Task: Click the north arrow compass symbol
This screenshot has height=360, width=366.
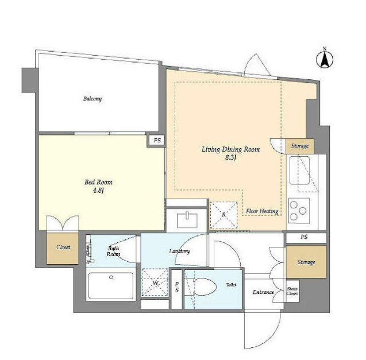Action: [x=325, y=59]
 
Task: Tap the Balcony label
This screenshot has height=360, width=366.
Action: [x=93, y=99]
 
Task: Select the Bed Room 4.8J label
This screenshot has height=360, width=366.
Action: [x=98, y=186]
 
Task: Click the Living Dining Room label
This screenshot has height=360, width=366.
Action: [x=230, y=149]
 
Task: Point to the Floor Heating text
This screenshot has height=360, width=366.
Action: [x=262, y=211]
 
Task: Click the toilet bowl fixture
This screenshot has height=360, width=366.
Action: [x=205, y=287]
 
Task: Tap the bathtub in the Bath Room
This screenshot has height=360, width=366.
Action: [x=111, y=286]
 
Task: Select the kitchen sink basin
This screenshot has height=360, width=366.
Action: [x=299, y=171]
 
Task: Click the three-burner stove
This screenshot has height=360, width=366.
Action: [x=299, y=211]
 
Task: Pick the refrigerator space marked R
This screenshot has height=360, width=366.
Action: [x=224, y=215]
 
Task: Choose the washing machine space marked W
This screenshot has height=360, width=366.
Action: [x=155, y=282]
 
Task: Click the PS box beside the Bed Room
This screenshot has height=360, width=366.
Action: [x=157, y=141]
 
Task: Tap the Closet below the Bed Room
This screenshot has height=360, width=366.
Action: [x=63, y=248]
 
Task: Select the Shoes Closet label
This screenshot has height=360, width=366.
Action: [x=292, y=291]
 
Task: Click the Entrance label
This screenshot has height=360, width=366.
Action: [x=263, y=292]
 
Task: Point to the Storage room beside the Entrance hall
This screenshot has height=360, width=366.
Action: [x=306, y=262]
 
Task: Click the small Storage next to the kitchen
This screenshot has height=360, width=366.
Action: [x=300, y=146]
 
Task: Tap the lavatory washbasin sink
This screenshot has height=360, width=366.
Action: [x=187, y=220]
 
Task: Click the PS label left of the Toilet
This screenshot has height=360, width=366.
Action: [x=177, y=287]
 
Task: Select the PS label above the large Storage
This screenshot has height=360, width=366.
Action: [x=304, y=237]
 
